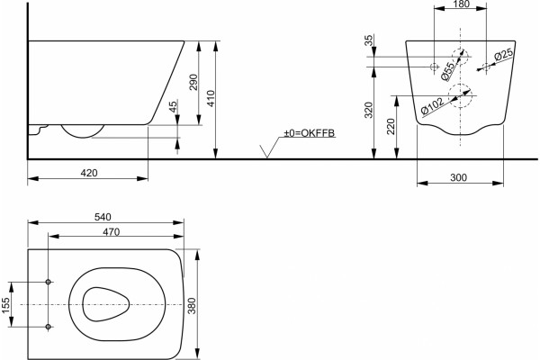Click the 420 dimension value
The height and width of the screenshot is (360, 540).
coord(89,173)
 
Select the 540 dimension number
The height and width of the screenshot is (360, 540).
coord(103,217)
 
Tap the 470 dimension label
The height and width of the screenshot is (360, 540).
coord(112,232)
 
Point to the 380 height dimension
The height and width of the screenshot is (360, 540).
coord(192,306)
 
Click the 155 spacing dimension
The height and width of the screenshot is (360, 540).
coord(6,305)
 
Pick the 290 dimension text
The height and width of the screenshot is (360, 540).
coord(193,82)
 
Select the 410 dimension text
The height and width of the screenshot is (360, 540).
coord(211,98)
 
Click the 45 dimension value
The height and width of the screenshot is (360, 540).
coord(174,106)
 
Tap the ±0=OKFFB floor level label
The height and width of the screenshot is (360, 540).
coord(309,133)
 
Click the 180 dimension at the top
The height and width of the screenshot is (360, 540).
coord(462,4)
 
